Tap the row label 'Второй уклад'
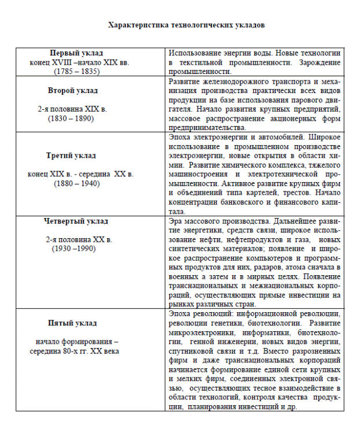(73, 91)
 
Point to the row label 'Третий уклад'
(71, 156)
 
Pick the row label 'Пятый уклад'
(72, 323)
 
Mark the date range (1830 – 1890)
(72, 119)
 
